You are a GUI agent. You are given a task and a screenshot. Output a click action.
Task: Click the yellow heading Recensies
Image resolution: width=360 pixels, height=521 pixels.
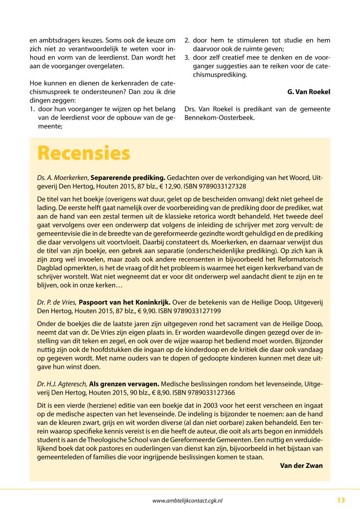pos(84,153)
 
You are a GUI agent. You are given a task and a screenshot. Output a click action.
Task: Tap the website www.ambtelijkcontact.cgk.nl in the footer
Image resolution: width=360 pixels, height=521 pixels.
pos(190,501)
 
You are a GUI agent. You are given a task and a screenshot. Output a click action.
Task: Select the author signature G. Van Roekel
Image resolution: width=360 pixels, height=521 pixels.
pos(309,92)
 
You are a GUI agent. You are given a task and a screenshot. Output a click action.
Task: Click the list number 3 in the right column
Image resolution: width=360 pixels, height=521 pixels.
pos(186,58)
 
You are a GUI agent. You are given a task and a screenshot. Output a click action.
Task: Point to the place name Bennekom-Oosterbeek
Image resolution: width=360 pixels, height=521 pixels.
pos(220,118)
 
